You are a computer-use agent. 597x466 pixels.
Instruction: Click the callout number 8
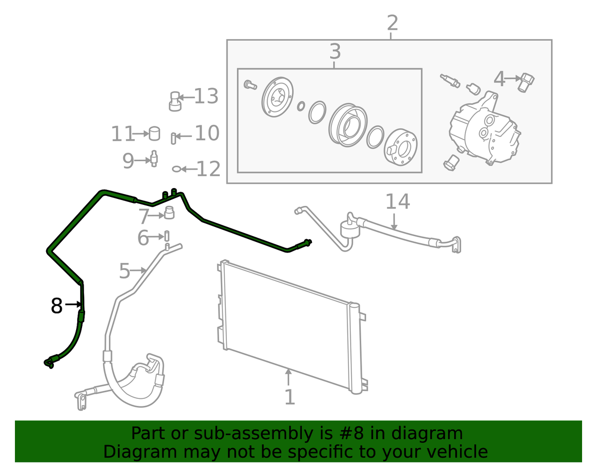57,305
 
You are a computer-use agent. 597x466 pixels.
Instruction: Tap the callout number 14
398,201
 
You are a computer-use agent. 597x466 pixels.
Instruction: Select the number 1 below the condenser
290,397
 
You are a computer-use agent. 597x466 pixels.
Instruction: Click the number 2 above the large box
393,23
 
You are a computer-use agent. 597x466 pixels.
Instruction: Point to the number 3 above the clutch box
335,51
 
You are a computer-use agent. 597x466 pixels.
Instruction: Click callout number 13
206,96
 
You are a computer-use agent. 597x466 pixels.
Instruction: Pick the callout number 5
124,271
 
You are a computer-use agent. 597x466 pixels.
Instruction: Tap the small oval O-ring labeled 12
177,169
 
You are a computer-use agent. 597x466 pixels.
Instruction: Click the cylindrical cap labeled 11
154,133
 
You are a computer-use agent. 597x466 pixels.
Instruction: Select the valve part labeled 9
154,159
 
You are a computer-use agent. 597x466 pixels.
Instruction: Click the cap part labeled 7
169,212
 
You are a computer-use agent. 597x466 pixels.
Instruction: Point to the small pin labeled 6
167,236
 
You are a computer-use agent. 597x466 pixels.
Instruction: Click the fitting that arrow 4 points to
526,83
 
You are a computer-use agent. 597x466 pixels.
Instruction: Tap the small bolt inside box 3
250,85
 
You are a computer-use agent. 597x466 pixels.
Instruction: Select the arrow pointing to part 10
184,136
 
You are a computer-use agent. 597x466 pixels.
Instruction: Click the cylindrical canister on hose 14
350,229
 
